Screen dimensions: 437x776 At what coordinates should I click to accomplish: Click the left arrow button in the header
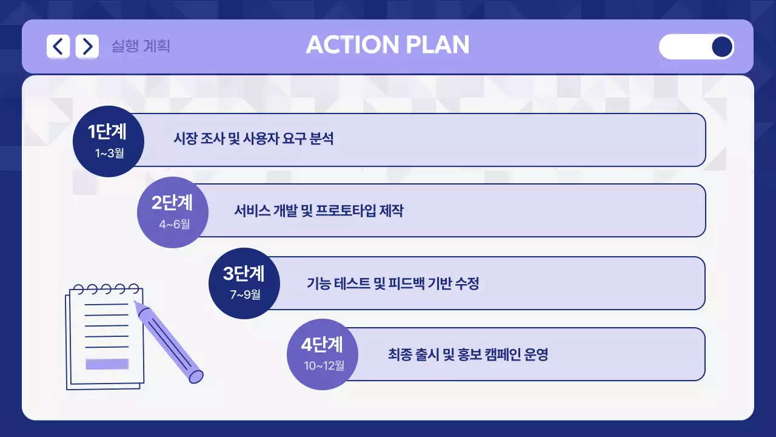pyautogui.click(x=58, y=46)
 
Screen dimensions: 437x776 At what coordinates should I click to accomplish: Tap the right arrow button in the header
pyautogui.click(x=87, y=46)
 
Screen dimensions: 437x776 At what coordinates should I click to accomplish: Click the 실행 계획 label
pyautogui.click(x=141, y=46)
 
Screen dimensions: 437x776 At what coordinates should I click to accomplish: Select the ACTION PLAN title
pyautogui.click(x=387, y=45)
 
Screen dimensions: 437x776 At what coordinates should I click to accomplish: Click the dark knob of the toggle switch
pyautogui.click(x=721, y=47)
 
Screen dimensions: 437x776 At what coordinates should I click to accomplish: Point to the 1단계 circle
pyautogui.click(x=108, y=141)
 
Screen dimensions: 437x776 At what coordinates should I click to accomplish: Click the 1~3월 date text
pyautogui.click(x=109, y=153)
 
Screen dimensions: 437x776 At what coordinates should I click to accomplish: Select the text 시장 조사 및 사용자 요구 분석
pyautogui.click(x=253, y=139)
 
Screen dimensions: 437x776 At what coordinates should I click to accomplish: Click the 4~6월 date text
pyautogui.click(x=175, y=225)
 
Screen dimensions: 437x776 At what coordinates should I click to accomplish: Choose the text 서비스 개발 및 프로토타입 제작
pyautogui.click(x=318, y=211)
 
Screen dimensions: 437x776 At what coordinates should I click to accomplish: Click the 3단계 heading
pyautogui.click(x=244, y=274)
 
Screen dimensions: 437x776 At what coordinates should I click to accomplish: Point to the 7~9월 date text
pyautogui.click(x=245, y=295)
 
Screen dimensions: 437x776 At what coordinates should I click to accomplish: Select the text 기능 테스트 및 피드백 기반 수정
pyautogui.click(x=393, y=283)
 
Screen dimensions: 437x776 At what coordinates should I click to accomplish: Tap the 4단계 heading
pyautogui.click(x=322, y=345)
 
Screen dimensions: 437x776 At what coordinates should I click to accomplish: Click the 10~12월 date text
pyautogui.click(x=324, y=365)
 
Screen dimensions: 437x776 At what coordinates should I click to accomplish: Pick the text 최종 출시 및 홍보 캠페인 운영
pyautogui.click(x=467, y=354)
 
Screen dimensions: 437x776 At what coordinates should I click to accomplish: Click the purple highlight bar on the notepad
pyautogui.click(x=107, y=364)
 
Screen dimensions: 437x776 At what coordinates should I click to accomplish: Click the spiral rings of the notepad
pyautogui.click(x=106, y=288)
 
